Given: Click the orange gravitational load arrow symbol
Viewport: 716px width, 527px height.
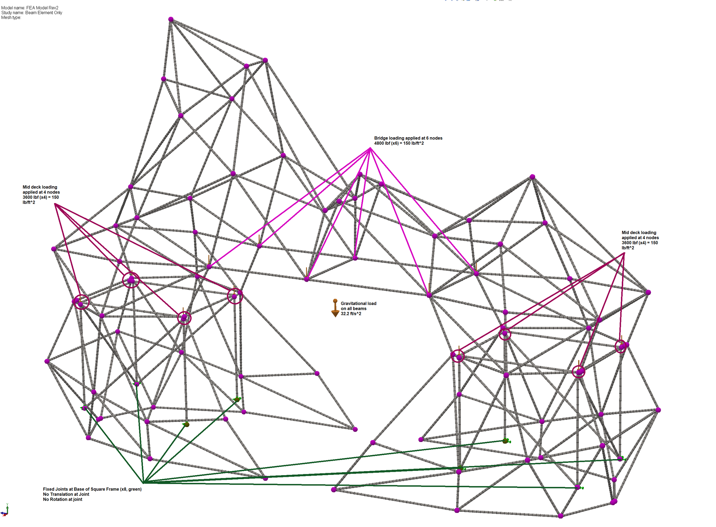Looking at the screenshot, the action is pyautogui.click(x=335, y=308).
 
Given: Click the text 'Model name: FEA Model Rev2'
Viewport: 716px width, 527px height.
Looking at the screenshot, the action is pyautogui.click(x=30, y=8).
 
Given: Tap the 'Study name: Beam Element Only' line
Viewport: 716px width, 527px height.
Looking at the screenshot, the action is pyautogui.click(x=32, y=13).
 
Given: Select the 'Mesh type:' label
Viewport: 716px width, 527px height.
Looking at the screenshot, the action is pyautogui.click(x=11, y=17).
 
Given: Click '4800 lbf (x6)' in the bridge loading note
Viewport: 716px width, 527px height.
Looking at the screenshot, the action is pyautogui.click(x=386, y=143).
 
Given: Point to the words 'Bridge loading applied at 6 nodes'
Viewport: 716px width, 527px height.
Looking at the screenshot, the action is pyautogui.click(x=408, y=138).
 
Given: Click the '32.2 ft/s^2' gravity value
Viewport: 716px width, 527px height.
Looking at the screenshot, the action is pyautogui.click(x=351, y=314).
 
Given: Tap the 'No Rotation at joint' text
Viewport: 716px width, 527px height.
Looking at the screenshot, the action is pyautogui.click(x=62, y=499).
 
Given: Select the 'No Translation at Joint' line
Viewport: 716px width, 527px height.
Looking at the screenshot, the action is pyautogui.click(x=66, y=494).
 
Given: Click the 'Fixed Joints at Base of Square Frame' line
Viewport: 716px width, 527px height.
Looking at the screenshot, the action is pyautogui.click(x=92, y=489).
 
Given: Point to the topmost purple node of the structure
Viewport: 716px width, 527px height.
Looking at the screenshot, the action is pyautogui.click(x=171, y=19).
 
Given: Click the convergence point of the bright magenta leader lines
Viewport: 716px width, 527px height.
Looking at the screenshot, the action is pyautogui.click(x=370, y=148).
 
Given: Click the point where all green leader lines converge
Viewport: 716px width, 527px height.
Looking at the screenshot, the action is pyautogui.click(x=143, y=482).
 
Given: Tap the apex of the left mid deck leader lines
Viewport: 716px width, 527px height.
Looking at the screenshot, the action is pyautogui.click(x=56, y=204).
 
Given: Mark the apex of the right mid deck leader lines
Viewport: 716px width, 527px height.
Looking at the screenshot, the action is pyautogui.click(x=624, y=253).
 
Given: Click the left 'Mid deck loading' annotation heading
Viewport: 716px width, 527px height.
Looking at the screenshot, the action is pyautogui.click(x=40, y=187).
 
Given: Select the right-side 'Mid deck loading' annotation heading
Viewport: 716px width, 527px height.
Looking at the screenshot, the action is pyautogui.click(x=639, y=233).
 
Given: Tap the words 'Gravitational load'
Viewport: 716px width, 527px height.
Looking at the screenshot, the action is pyautogui.click(x=359, y=303).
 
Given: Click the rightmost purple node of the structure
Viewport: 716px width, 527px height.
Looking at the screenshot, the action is pyautogui.click(x=658, y=410).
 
